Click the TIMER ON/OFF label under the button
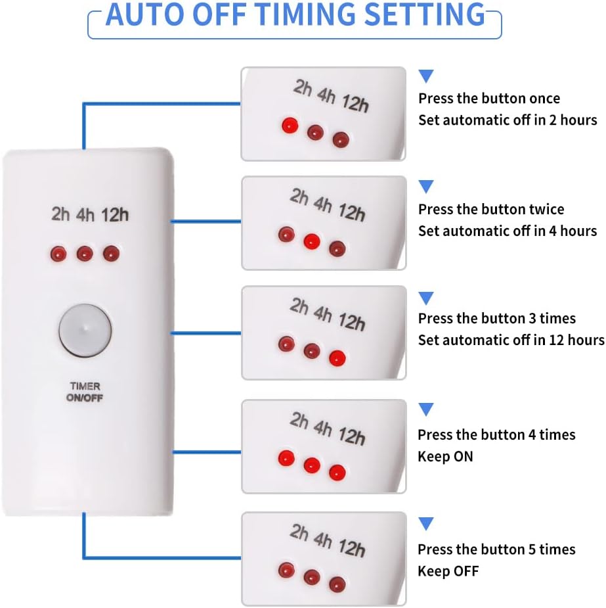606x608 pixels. point(85,392)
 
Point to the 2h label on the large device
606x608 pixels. point(61,214)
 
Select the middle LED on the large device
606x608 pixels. point(85,253)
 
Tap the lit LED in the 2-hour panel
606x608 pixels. point(290,125)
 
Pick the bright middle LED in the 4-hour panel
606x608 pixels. point(312,241)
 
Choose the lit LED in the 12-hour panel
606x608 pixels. point(337,359)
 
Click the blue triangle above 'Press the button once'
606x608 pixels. point(426,76)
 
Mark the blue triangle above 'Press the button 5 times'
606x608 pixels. point(426,524)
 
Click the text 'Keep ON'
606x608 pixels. point(445,456)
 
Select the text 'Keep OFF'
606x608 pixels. point(448,571)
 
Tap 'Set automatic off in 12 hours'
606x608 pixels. point(511,340)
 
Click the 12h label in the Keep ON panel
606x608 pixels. point(352,435)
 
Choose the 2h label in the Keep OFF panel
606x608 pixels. point(299,532)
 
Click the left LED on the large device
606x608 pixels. point(58,253)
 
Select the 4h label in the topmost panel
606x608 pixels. point(326,96)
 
